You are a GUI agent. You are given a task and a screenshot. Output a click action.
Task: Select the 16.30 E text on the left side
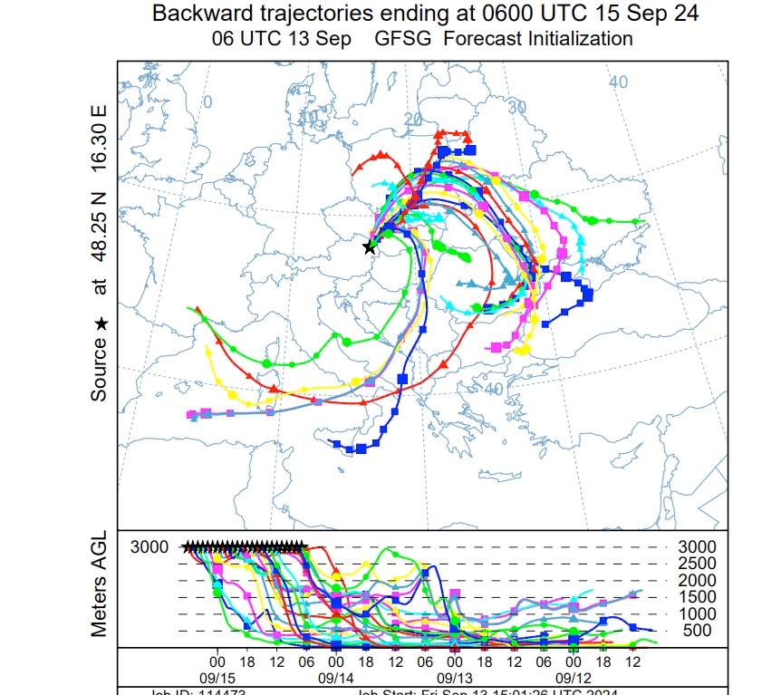(x=99, y=136)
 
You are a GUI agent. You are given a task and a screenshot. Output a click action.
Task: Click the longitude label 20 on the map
(x=413, y=120)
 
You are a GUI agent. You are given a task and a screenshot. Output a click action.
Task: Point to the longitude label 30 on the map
(x=516, y=106)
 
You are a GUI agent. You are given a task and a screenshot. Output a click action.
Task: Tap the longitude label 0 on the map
(x=207, y=101)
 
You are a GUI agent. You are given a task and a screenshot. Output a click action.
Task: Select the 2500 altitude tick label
(x=696, y=564)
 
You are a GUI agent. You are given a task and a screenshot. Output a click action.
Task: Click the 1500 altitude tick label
(x=696, y=597)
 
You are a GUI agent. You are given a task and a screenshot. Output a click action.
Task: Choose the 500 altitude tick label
(x=696, y=631)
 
